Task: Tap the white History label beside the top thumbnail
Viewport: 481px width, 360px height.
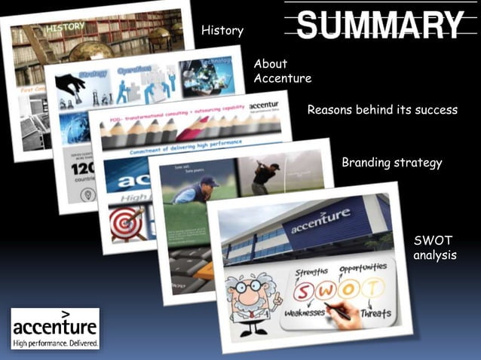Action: click(x=222, y=30)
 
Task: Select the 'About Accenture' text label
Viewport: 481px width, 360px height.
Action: click(x=282, y=71)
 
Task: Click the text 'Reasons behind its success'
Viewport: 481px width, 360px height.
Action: click(x=382, y=110)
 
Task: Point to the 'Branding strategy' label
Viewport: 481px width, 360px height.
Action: click(x=391, y=163)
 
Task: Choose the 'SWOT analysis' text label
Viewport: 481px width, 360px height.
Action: click(x=435, y=248)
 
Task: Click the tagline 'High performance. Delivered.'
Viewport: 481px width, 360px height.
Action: click(x=54, y=343)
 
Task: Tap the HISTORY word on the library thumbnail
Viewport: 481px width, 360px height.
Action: click(x=66, y=28)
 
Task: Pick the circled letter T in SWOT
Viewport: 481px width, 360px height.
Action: click(x=371, y=287)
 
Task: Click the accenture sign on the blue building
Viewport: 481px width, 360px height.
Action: click(x=320, y=221)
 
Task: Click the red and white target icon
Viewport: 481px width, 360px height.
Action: click(x=124, y=223)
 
